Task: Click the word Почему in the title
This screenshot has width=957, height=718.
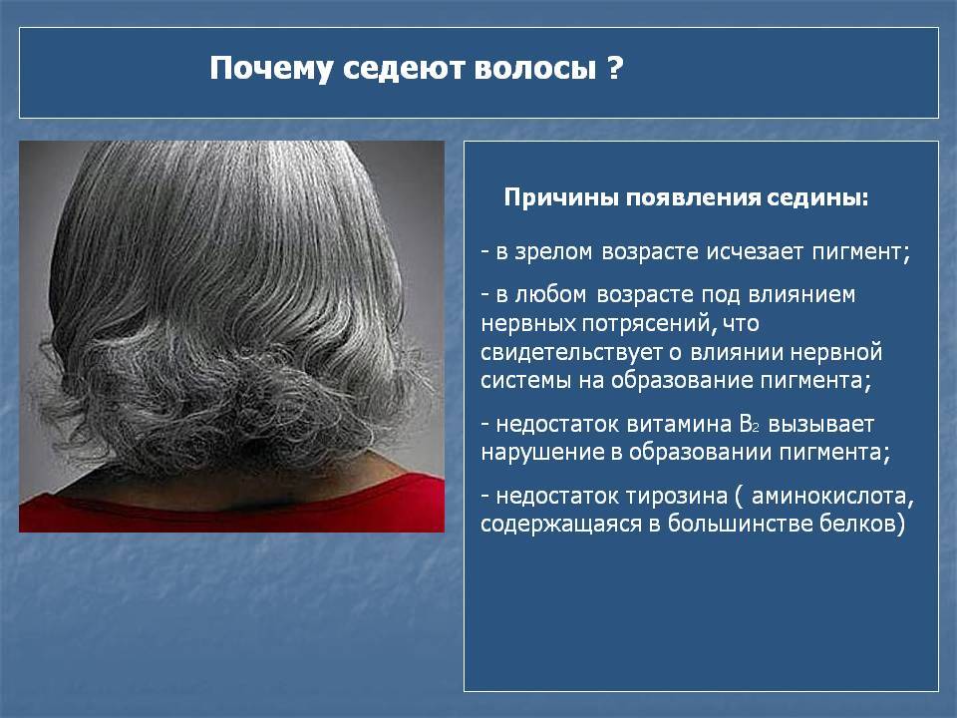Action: tap(271, 69)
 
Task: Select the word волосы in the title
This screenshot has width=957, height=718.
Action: tap(534, 69)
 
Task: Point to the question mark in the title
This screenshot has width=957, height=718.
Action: tap(615, 68)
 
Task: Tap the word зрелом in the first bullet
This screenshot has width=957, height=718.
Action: tap(553, 252)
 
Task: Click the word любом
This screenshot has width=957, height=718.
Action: tap(550, 295)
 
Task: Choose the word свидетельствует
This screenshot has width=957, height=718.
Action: tap(572, 353)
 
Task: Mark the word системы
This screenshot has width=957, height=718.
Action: tap(526, 381)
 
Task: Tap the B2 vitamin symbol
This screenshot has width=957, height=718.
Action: tap(749, 424)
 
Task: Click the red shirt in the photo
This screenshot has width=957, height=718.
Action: tap(232, 513)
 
